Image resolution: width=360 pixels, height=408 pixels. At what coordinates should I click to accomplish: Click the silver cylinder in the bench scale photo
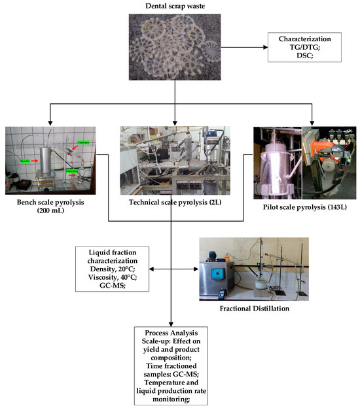45,157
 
